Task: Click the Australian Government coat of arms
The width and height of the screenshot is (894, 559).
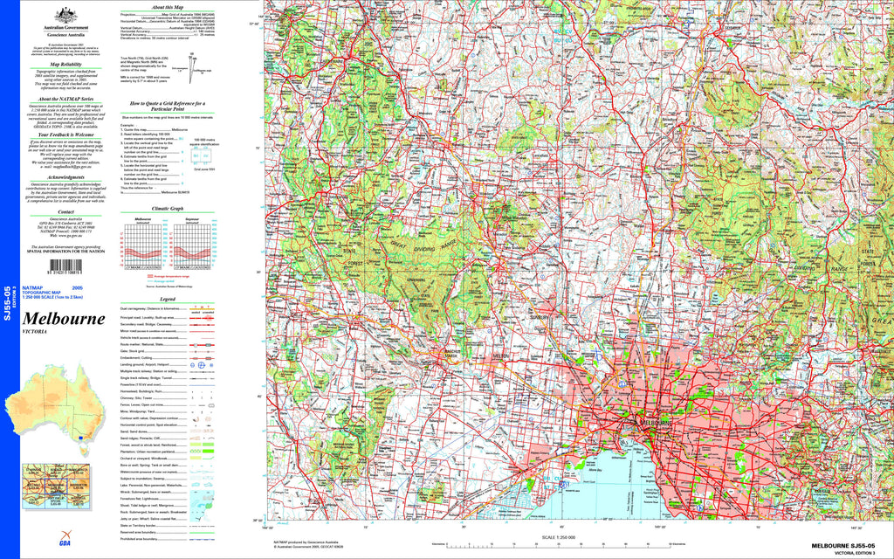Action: (x=61, y=15)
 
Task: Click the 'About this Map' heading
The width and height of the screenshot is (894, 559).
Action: (x=185, y=6)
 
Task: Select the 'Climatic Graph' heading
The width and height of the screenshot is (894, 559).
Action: (x=168, y=209)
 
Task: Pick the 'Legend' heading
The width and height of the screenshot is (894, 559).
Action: (x=168, y=299)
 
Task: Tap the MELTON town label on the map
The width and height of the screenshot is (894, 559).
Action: (x=501, y=357)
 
